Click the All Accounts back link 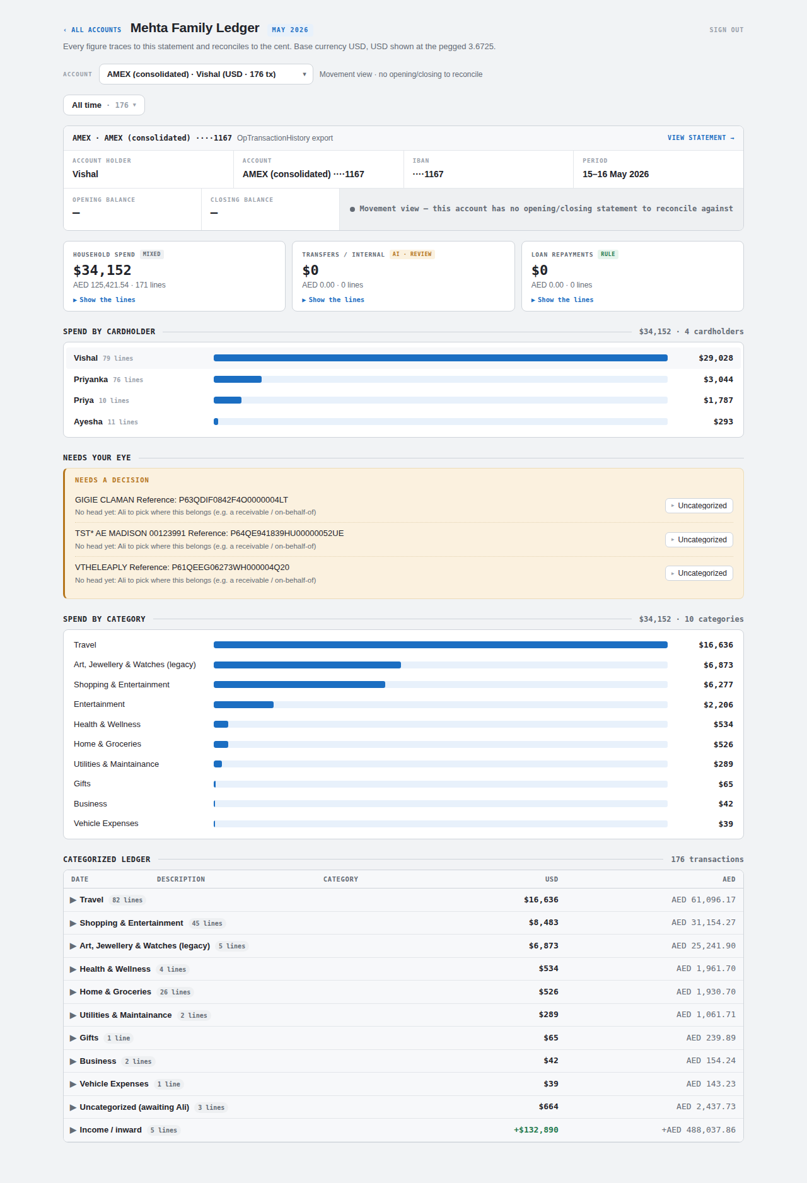(92, 30)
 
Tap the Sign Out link (726, 30)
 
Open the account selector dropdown (206, 74)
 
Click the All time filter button (104, 105)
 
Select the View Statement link (700, 137)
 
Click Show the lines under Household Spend (104, 300)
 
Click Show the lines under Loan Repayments (562, 300)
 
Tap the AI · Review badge (412, 254)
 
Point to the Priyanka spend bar (238, 380)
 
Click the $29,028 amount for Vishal (716, 358)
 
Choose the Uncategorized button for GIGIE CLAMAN (699, 506)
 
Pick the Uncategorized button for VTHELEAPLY (699, 573)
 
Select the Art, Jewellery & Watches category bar (307, 665)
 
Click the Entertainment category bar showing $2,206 (243, 704)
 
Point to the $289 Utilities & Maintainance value (723, 764)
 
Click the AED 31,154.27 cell (704, 923)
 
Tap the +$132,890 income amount (536, 1130)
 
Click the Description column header (181, 879)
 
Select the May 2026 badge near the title (290, 30)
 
